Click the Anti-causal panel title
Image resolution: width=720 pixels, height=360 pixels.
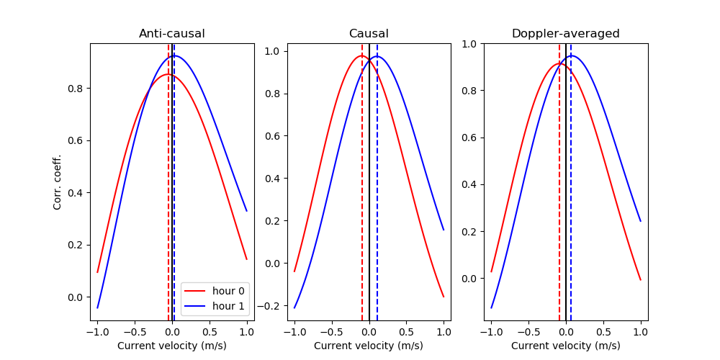point(171,34)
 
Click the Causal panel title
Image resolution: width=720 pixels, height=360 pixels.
point(369,34)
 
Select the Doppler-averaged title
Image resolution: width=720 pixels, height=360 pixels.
point(565,34)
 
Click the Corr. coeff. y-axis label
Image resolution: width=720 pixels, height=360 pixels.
point(58,182)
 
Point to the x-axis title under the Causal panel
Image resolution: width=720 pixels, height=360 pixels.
point(369,346)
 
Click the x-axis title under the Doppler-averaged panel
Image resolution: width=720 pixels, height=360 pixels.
point(565,346)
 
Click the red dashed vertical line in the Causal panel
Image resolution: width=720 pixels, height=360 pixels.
point(362,180)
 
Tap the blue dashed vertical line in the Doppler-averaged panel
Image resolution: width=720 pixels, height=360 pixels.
point(571,180)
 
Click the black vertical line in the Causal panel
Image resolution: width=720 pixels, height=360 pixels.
point(369,180)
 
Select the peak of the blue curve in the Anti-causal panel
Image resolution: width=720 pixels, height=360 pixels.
point(174,55)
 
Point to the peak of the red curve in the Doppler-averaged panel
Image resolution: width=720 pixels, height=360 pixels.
point(559,64)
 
